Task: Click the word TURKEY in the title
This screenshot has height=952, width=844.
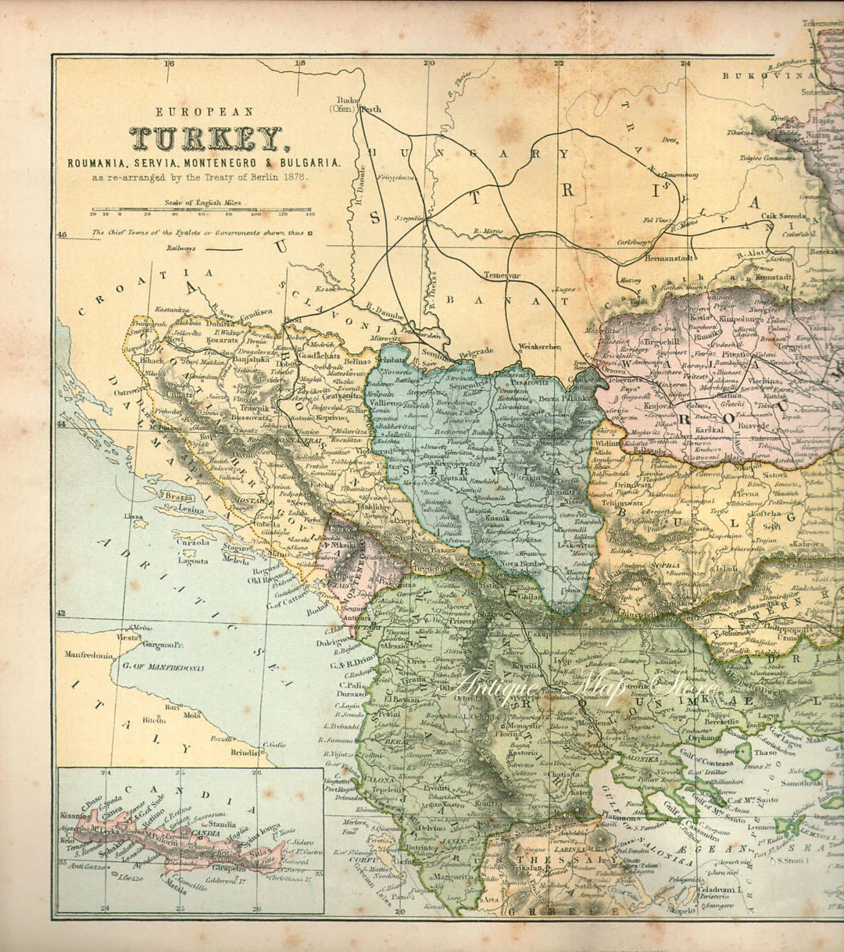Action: (x=206, y=139)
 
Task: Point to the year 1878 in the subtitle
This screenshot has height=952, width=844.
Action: (x=294, y=177)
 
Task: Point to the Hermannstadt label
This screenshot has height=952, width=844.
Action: (x=666, y=256)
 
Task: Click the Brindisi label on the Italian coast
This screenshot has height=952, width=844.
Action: (x=245, y=753)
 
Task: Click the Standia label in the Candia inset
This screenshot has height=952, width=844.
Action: (x=223, y=824)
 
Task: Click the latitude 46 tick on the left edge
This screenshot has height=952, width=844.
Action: (x=63, y=234)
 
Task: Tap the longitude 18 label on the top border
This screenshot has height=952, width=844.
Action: (x=299, y=64)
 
